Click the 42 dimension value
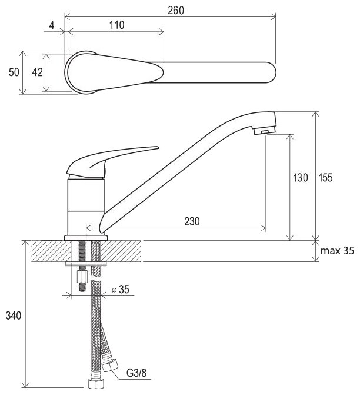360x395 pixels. pos(37,72)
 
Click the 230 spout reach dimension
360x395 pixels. pos(191,221)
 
